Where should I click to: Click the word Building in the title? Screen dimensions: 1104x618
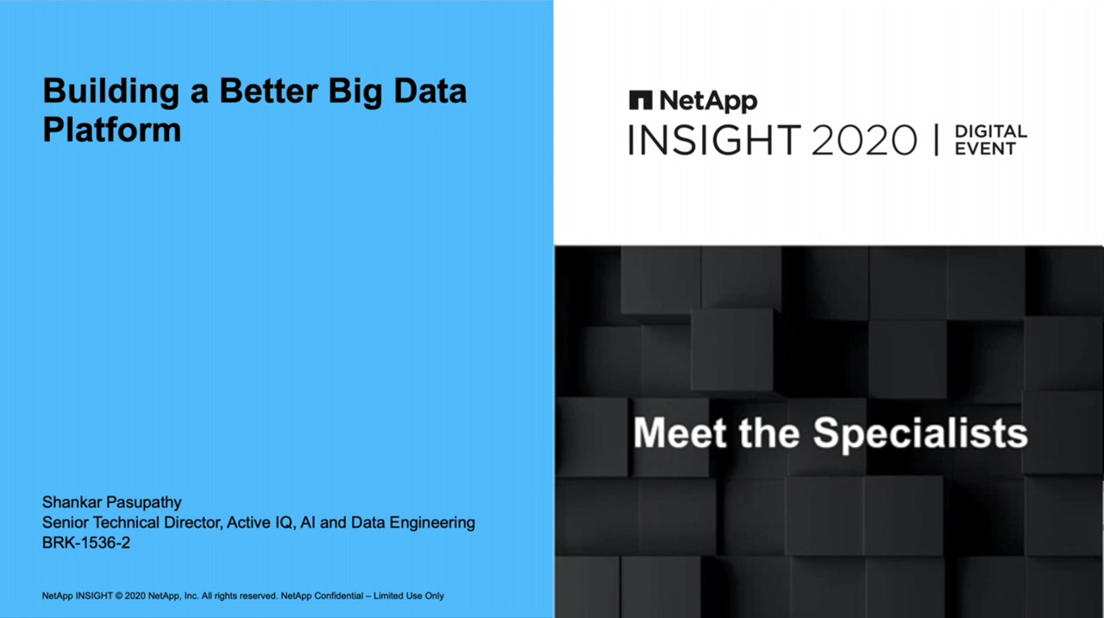[111, 91]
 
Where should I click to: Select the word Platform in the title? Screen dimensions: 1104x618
[112, 129]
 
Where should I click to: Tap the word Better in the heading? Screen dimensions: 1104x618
[268, 91]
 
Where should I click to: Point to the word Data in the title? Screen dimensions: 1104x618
[430, 91]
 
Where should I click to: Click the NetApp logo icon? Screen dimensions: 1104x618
[641, 100]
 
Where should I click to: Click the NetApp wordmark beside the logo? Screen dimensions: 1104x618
[708, 101]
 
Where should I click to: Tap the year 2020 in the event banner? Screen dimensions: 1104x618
[863, 140]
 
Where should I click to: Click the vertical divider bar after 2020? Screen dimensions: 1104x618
[936, 140]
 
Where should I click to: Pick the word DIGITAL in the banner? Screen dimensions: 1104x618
[991, 131]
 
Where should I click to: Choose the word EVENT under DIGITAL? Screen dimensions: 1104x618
[985, 148]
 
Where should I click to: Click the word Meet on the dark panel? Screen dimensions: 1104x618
[681, 433]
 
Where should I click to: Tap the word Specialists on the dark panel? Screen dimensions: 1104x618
[920, 434]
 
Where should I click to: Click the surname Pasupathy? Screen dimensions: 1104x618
[143, 503]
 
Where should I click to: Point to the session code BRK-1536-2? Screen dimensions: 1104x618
[86, 543]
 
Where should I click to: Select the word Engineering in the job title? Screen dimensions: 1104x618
[432, 523]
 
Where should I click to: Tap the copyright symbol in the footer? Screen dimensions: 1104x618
[119, 596]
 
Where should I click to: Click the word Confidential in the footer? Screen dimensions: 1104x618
[339, 596]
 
